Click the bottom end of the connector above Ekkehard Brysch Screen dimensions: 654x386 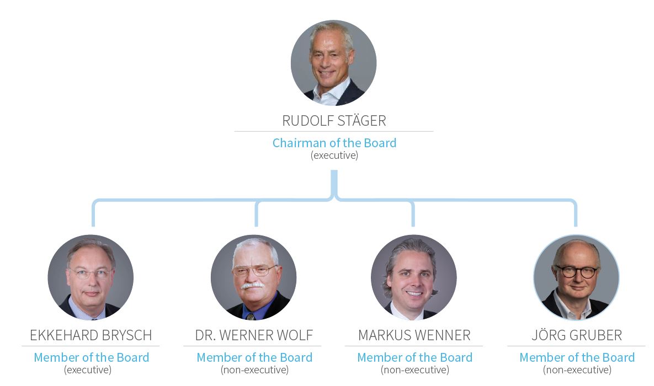click(x=93, y=226)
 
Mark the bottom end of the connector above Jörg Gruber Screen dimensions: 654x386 click(x=576, y=226)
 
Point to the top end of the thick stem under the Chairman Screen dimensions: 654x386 click(x=334, y=170)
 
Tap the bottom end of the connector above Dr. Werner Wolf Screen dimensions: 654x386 click(x=257, y=226)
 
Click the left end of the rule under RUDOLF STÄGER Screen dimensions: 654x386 click(x=235, y=131)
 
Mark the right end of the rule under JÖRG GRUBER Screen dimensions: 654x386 click(x=645, y=346)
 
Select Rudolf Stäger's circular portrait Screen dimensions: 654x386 click(x=334, y=62)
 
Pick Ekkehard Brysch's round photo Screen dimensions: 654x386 click(x=91, y=277)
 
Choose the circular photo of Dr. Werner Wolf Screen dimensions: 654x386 click(x=253, y=277)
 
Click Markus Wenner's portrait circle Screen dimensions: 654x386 click(x=414, y=277)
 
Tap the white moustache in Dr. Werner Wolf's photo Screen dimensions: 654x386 click(x=252, y=286)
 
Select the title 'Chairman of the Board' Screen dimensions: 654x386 click(x=334, y=143)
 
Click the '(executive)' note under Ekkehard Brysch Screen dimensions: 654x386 click(x=88, y=370)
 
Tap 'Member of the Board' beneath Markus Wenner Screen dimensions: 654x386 click(x=414, y=357)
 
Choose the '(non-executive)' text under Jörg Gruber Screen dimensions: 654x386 click(x=577, y=370)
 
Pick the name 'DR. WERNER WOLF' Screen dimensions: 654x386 click(x=254, y=335)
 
